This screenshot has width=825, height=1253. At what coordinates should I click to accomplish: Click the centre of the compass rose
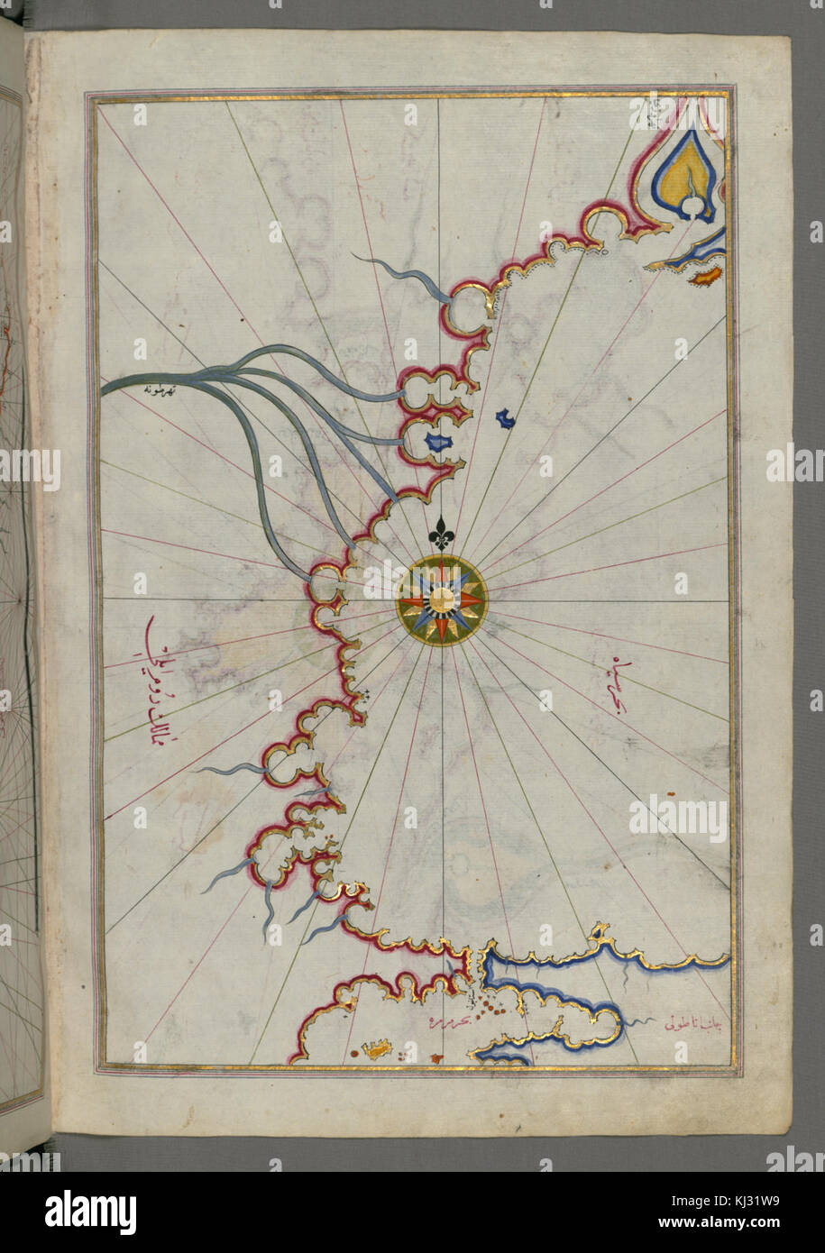click(x=441, y=601)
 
